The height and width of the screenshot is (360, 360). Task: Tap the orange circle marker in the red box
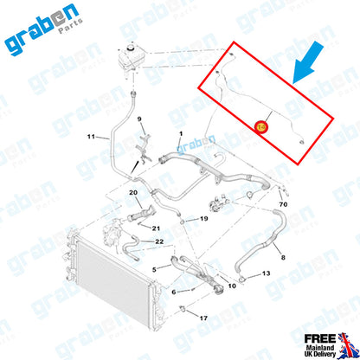click(262, 127)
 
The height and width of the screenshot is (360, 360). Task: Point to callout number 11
click(91, 137)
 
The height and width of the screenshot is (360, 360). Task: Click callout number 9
click(138, 118)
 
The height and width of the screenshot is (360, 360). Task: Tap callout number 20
click(132, 192)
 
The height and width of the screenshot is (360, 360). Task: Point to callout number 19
click(204, 219)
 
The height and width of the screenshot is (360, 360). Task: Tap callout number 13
click(266, 273)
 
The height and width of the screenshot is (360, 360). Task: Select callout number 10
click(231, 285)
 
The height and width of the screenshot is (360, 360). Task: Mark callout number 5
click(156, 270)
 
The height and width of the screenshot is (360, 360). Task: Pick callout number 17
click(204, 318)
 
